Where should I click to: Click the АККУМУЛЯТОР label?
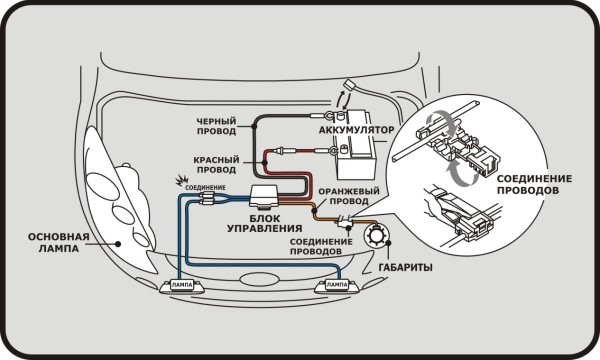[x=356, y=130]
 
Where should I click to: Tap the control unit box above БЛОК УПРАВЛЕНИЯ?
[x=264, y=197]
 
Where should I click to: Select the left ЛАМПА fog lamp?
[x=181, y=286]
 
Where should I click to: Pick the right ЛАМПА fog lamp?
[x=337, y=285]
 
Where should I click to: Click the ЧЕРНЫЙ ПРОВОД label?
[x=216, y=126]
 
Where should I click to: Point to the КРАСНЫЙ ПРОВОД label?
[x=216, y=165]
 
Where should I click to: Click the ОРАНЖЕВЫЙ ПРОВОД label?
[x=349, y=196]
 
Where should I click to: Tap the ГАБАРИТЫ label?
[x=406, y=267]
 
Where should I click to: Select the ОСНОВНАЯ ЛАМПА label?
[x=59, y=243]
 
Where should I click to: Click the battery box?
[x=355, y=145]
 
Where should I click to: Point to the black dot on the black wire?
[x=253, y=126]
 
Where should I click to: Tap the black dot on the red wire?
[x=264, y=163]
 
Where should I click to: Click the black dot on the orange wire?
[x=314, y=211]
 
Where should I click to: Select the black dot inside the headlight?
[x=118, y=243]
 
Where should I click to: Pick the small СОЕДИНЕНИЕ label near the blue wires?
[x=205, y=188]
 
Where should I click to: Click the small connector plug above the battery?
[x=349, y=85]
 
